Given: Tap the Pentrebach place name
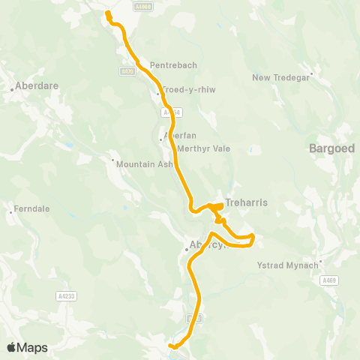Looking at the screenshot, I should [173, 65].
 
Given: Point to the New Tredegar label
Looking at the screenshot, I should [280, 77].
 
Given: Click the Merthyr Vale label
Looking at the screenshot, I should [203, 148].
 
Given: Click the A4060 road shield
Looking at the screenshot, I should [141, 6].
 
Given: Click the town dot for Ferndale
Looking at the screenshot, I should [10, 212].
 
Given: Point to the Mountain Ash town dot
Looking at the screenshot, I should [112, 160].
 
